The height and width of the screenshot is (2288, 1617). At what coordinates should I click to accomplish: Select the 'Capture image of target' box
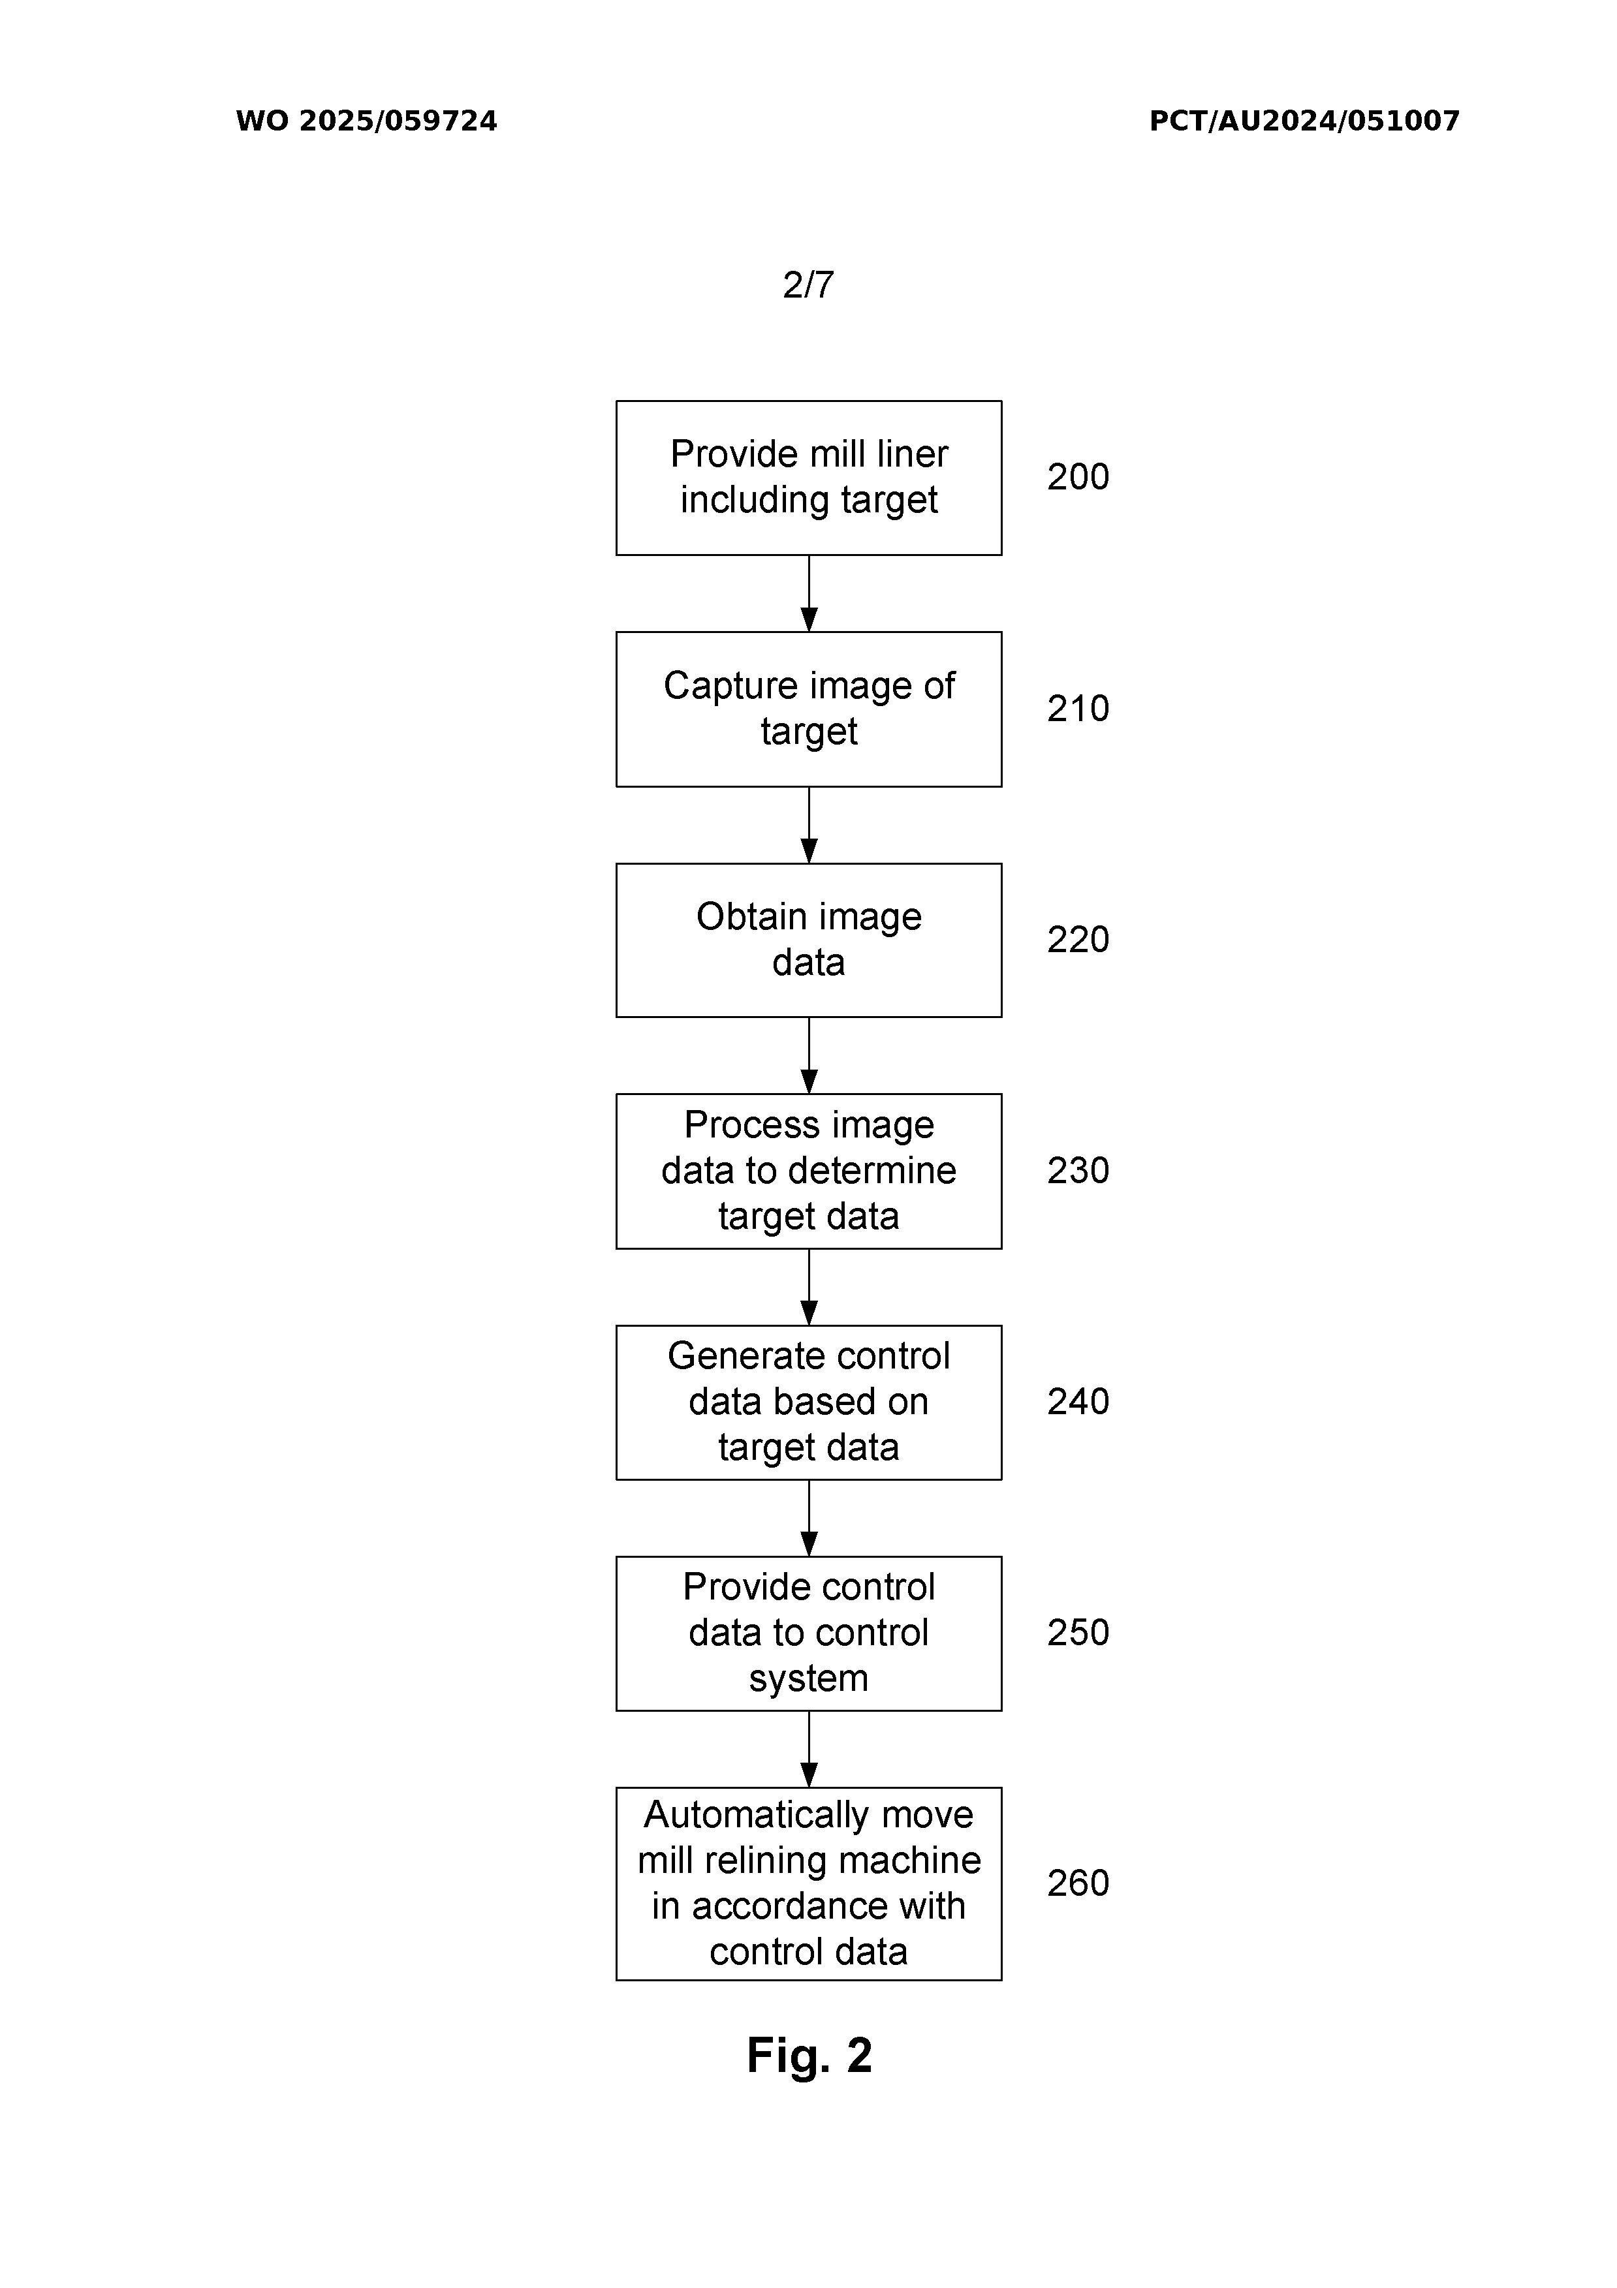click(808, 709)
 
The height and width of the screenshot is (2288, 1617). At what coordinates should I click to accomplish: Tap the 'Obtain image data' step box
click(808, 940)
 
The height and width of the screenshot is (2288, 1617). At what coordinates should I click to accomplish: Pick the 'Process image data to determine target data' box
click(808, 1171)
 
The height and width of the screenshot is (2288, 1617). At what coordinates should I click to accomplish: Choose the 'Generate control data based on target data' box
click(808, 1402)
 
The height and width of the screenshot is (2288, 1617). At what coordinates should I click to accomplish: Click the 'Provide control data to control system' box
click(808, 1633)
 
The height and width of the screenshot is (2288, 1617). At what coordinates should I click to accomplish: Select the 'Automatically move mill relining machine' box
click(808, 1883)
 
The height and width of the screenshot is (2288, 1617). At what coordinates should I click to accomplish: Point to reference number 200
click(1078, 477)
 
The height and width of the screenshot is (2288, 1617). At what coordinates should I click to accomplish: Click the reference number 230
click(1078, 1171)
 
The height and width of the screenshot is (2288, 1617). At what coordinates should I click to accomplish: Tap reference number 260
click(1078, 1883)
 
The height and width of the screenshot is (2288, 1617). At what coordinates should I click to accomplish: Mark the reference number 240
click(1078, 1402)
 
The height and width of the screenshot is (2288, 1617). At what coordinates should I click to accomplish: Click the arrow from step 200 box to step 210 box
click(808, 594)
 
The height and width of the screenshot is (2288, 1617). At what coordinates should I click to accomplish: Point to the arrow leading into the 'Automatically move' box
click(808, 1750)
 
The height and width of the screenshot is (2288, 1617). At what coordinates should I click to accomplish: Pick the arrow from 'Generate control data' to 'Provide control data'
click(808, 1519)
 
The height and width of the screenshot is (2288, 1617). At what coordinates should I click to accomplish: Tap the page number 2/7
click(808, 285)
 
